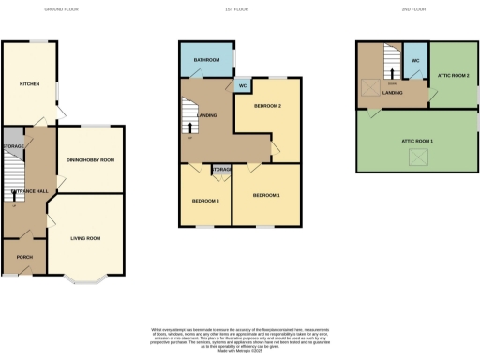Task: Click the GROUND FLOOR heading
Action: [62, 9]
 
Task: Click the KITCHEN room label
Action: [30, 83]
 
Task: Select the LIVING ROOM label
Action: [87, 238]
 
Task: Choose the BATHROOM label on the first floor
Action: [206, 59]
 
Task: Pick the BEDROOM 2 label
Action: [267, 106]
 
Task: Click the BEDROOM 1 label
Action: [265, 194]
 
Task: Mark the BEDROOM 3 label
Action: [205, 201]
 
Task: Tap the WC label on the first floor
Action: [242, 86]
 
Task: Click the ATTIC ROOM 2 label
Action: [454, 74]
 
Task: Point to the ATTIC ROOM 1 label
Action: [417, 140]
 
